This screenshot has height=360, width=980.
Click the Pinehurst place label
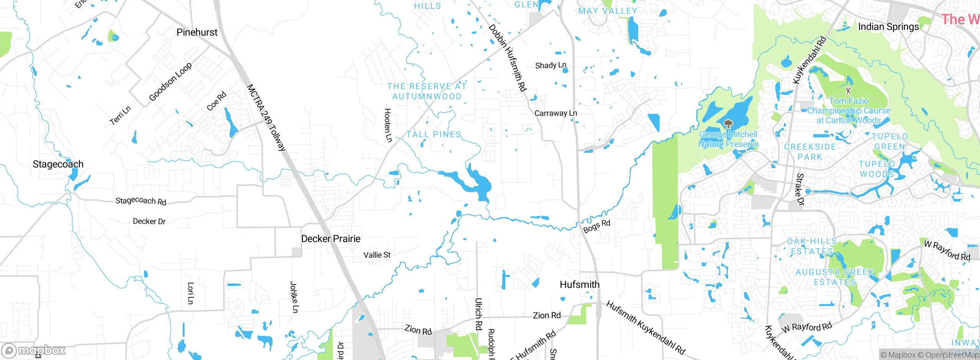197,33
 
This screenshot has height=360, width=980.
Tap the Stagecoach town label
58,164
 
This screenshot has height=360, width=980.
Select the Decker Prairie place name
331,239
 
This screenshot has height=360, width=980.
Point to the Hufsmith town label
580,285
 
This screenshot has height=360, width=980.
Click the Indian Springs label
888,27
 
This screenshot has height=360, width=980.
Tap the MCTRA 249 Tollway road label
266,118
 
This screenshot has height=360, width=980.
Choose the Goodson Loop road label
170,82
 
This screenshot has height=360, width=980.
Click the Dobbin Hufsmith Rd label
508,58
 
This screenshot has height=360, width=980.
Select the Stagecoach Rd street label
141,201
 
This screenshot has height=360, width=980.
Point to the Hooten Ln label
388,125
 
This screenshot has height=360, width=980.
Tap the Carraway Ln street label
555,113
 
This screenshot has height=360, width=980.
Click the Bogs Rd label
596,226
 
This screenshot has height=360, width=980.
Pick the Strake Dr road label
800,189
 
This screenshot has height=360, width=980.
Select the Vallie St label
377,255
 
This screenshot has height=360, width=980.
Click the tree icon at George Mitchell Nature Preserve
728,124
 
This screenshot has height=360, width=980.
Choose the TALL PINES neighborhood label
434,134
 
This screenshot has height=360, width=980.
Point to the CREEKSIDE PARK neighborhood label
810,152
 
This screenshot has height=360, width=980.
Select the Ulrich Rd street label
479,314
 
